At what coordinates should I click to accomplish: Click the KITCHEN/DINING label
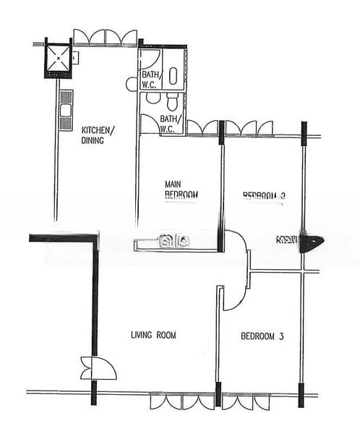98,135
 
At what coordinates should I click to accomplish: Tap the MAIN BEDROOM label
181,190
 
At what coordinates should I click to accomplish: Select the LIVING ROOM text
153,335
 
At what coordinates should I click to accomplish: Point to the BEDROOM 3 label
262,336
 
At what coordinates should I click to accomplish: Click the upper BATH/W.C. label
150,79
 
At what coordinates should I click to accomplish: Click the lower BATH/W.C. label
168,124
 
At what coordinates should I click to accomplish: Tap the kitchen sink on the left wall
66,111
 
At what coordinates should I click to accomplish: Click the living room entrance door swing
99,368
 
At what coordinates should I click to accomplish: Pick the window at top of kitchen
106,38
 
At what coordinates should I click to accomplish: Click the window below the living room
182,401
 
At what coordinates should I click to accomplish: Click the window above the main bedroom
202,128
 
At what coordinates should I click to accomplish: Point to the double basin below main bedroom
175,241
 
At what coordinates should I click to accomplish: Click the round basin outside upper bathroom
131,84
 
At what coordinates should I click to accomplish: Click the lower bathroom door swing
149,124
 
